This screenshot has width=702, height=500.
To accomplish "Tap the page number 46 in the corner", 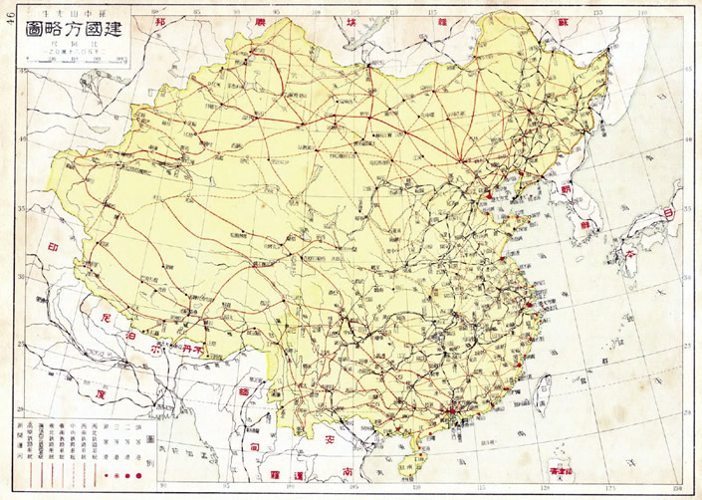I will click(11, 25).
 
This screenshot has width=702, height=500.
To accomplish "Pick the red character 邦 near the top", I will click(158, 21).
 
